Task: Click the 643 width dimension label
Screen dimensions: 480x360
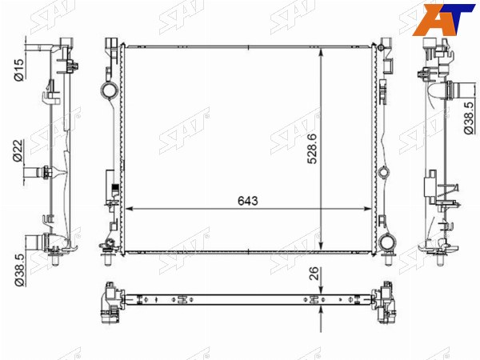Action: coord(248,201)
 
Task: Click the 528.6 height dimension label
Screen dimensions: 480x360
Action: coord(313,149)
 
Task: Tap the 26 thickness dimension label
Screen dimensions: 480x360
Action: coord(314,274)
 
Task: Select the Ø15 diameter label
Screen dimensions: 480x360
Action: coord(18,70)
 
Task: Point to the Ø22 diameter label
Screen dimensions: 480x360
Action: coord(18,150)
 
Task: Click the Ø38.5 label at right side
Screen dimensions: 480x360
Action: coord(469,118)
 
